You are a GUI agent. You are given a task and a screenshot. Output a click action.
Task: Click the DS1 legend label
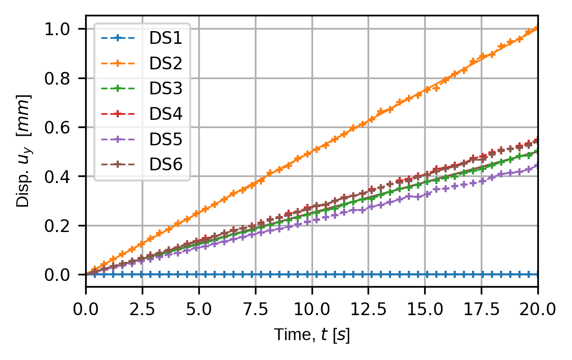coord(166,38)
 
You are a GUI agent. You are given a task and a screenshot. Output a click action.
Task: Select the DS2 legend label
coord(166,63)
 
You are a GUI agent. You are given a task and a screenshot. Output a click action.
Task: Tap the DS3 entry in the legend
coord(166,88)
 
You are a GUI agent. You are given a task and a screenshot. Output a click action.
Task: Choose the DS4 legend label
coord(166,114)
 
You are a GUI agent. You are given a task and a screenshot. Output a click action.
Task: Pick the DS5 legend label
coord(166,139)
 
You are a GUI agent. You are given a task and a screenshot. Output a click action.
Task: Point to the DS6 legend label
coord(166,164)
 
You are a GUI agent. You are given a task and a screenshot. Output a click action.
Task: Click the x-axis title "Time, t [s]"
coord(312,335)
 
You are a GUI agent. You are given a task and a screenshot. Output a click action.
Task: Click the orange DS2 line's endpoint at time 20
coord(537,29)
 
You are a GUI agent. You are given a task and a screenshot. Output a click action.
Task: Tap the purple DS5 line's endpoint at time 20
coord(537,165)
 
